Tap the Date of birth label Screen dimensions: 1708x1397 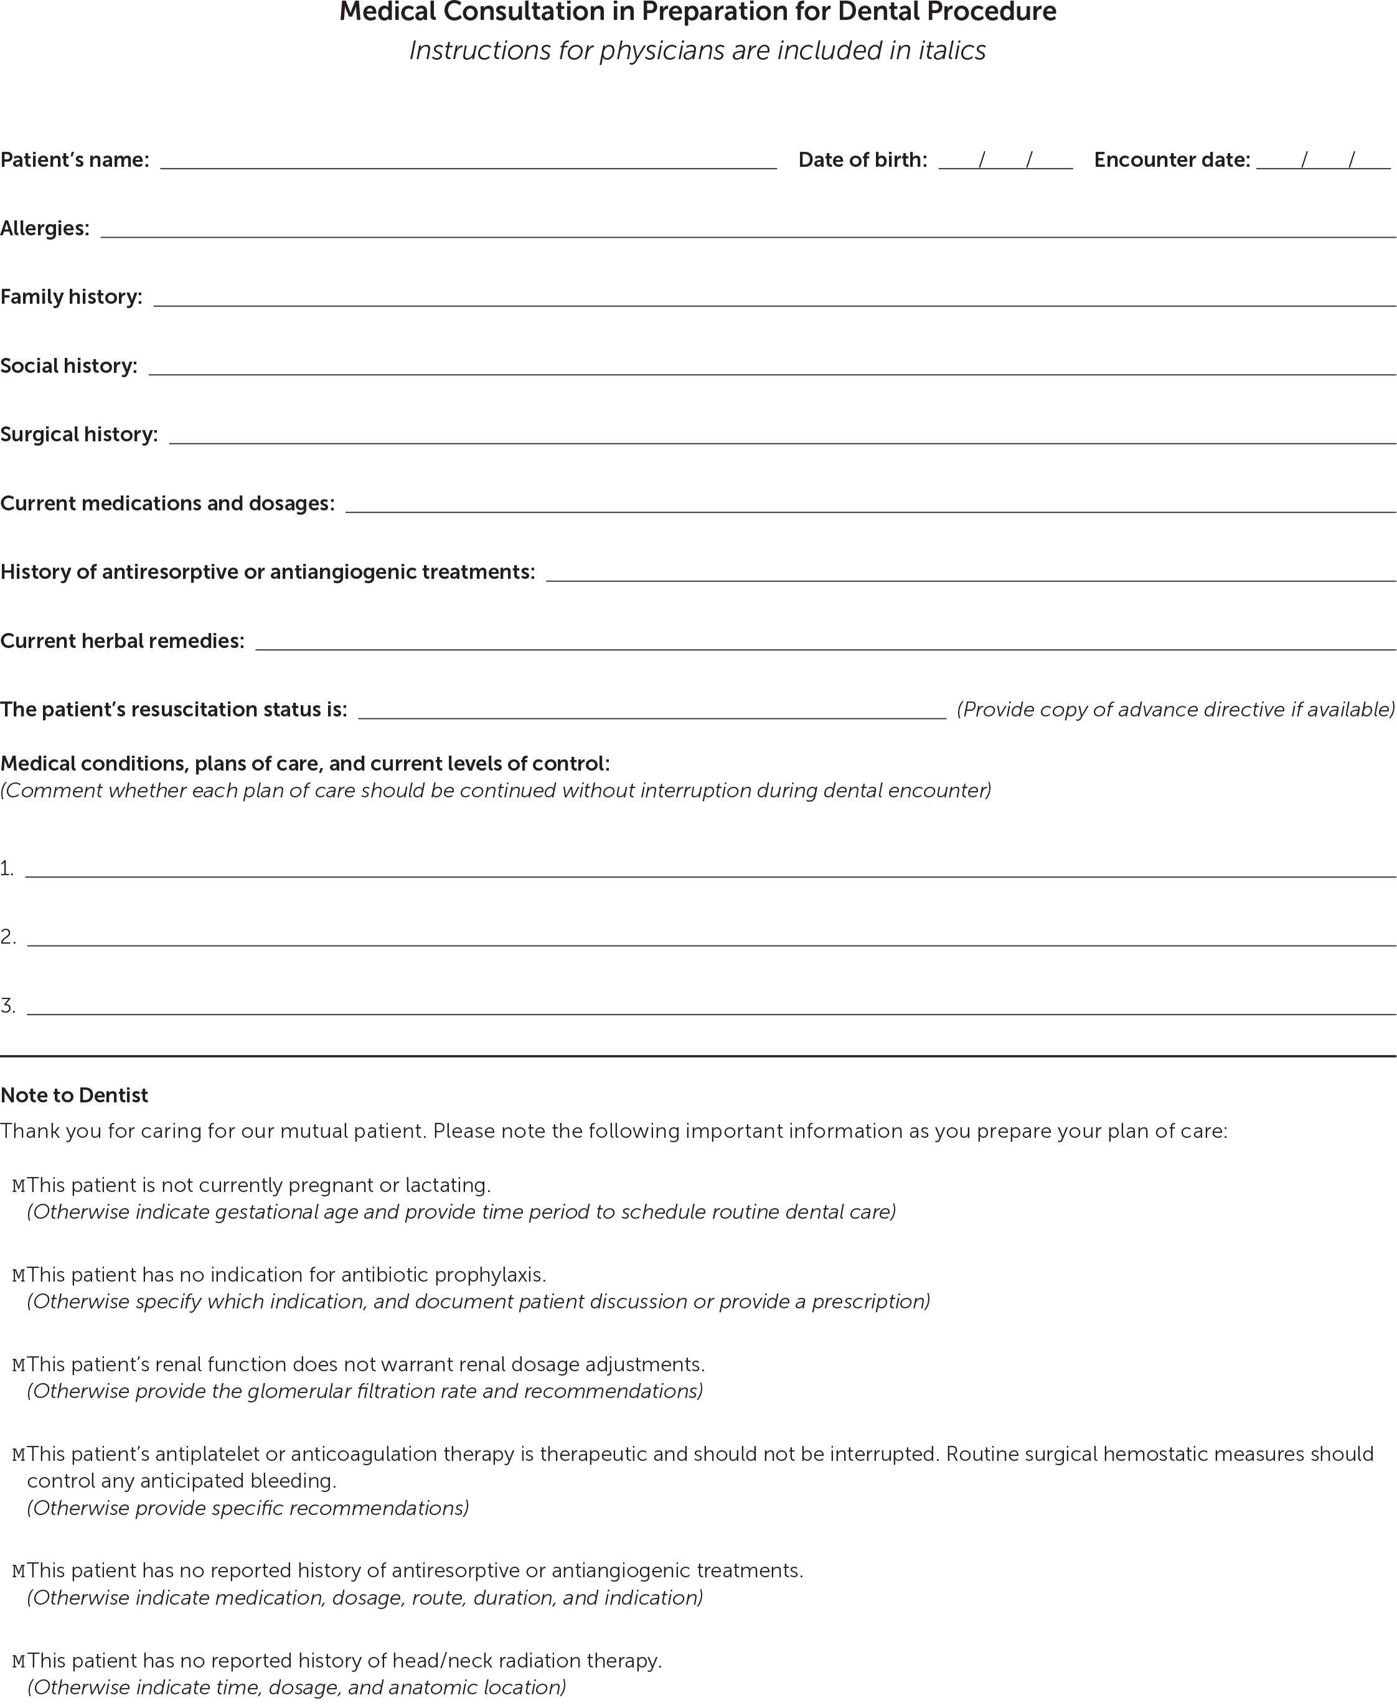coord(862,160)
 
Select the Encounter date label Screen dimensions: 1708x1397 coord(1172,160)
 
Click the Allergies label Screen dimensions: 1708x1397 coord(45,228)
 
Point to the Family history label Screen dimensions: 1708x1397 coord(71,297)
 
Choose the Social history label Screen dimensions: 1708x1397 coord(68,366)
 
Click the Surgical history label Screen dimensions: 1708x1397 coord(79,434)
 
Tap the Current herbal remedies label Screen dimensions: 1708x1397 coord(122,641)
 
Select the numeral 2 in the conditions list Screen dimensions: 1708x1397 coord(7,936)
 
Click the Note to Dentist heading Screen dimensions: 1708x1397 coord(74,1095)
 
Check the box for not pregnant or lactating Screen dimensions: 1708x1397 coord(19,1186)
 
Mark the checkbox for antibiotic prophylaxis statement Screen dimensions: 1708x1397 coord(19,1275)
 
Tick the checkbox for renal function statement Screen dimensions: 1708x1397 coord(19,1364)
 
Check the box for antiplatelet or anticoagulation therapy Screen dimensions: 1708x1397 coord(19,1455)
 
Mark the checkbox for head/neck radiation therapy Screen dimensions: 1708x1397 coord(19,1661)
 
